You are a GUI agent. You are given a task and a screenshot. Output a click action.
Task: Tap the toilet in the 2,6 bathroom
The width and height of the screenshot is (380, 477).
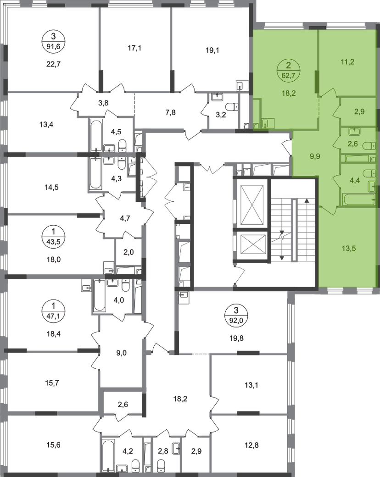[x=370, y=145]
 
